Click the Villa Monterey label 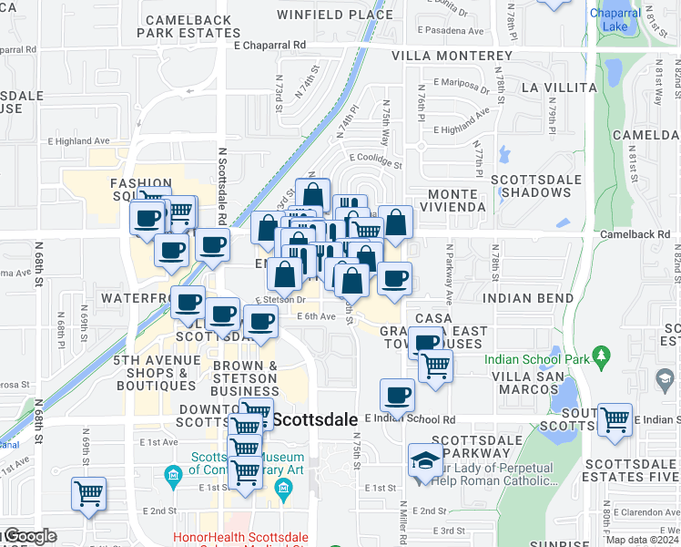tap(452, 56)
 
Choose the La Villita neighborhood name tap(557, 88)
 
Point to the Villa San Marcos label tap(519, 383)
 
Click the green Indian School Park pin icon tap(599, 354)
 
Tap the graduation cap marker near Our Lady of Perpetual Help tap(425, 459)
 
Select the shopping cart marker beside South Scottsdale tap(615, 419)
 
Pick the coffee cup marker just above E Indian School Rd tap(396, 395)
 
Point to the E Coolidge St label tap(373, 161)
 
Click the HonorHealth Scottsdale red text tap(239, 538)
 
